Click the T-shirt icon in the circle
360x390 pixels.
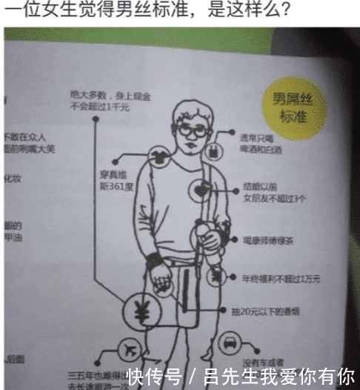point(158,156)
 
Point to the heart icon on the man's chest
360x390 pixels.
point(201,191)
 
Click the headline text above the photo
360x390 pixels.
point(147,12)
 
